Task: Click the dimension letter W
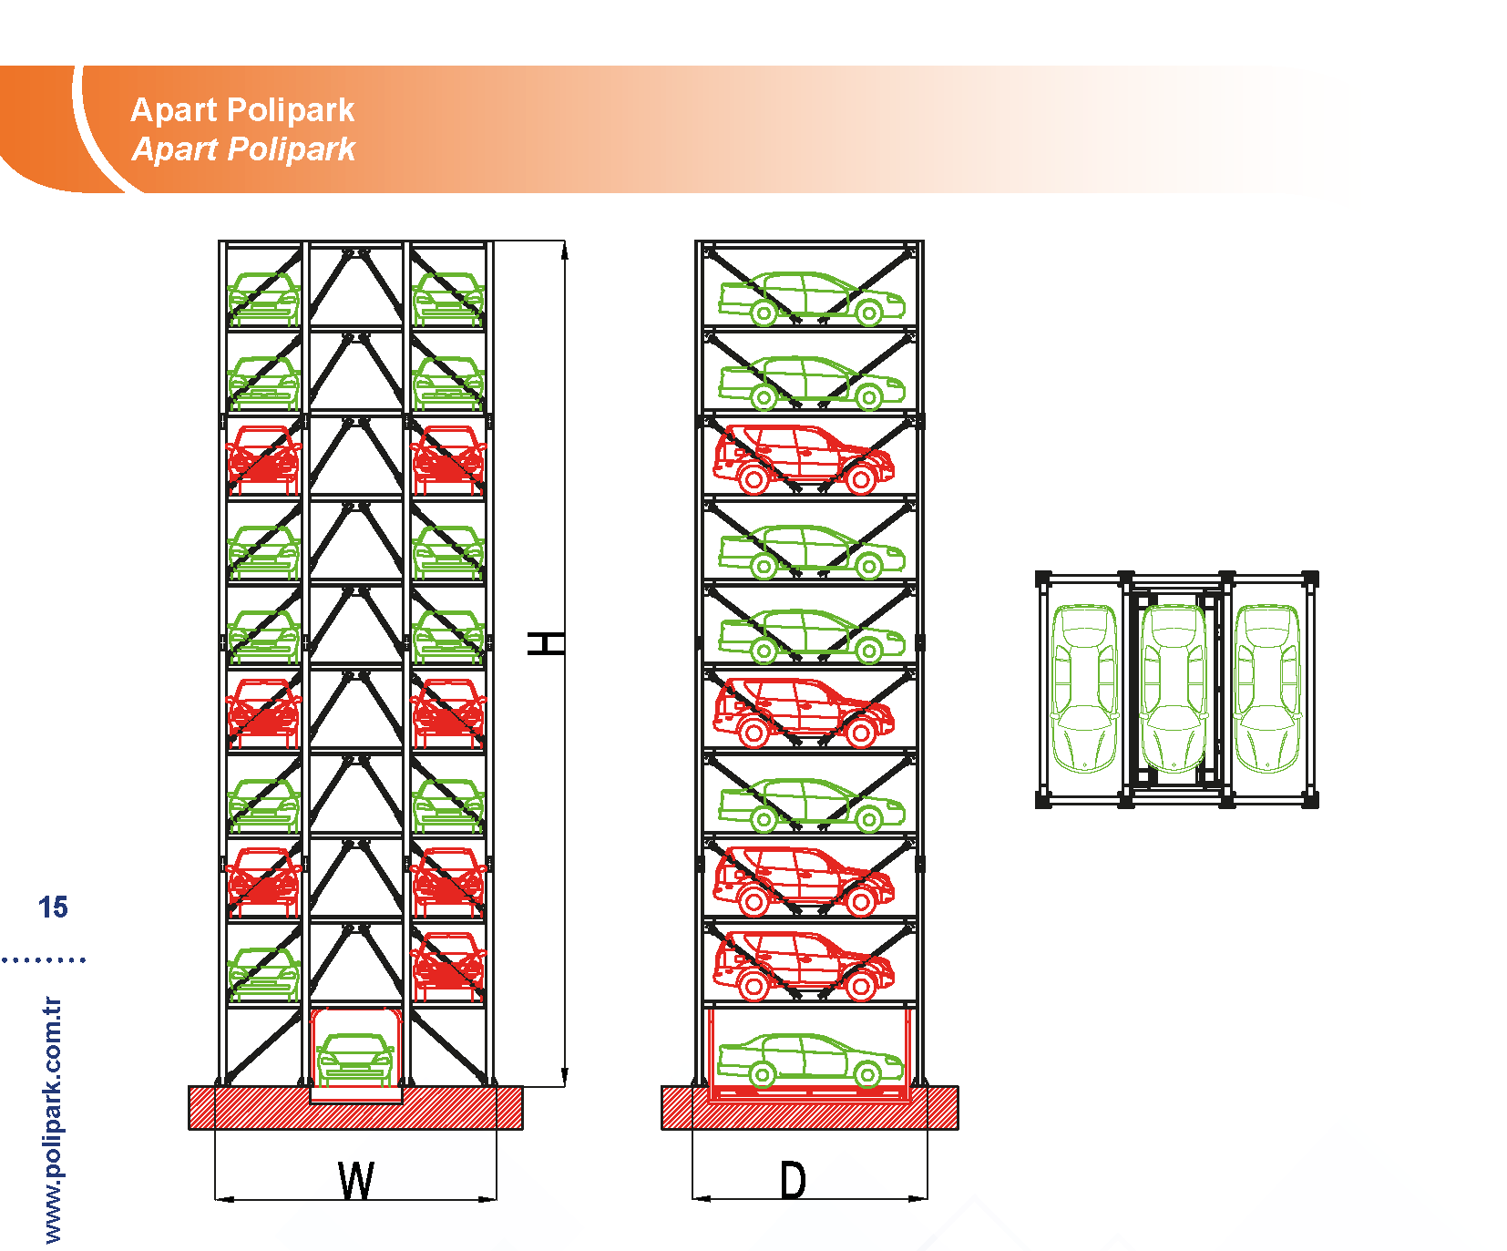(x=355, y=1181)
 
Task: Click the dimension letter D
(x=793, y=1181)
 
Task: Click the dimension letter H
(x=546, y=643)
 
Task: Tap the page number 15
(x=53, y=907)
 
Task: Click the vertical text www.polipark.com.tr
(x=53, y=1120)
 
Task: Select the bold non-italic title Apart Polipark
(x=242, y=110)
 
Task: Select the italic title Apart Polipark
(x=243, y=149)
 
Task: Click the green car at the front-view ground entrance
(x=355, y=1059)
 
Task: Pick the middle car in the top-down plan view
(x=1174, y=688)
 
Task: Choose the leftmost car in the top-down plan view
(x=1084, y=688)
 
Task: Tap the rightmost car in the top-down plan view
(x=1267, y=688)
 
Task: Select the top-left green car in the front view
(x=264, y=298)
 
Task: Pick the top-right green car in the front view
(x=447, y=298)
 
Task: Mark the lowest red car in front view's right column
(x=447, y=966)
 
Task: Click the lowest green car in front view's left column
(x=264, y=973)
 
